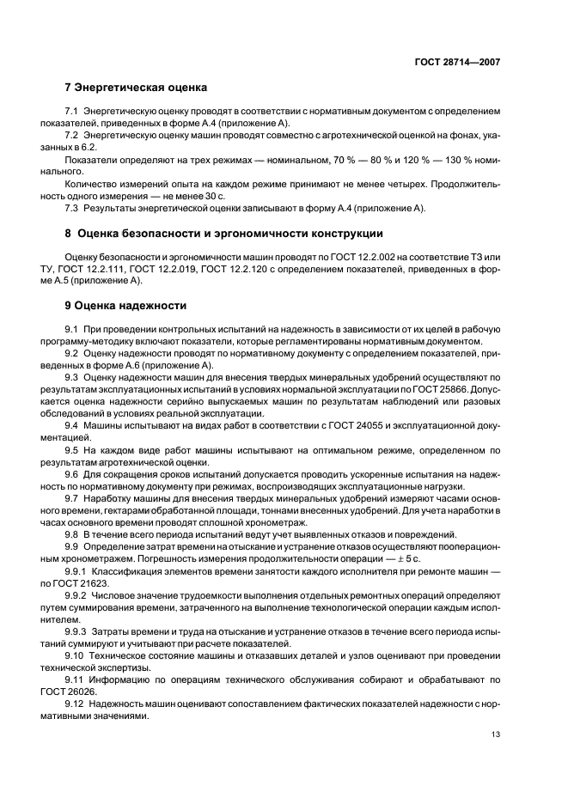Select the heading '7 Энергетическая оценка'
point(137,88)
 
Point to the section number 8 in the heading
point(69,233)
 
